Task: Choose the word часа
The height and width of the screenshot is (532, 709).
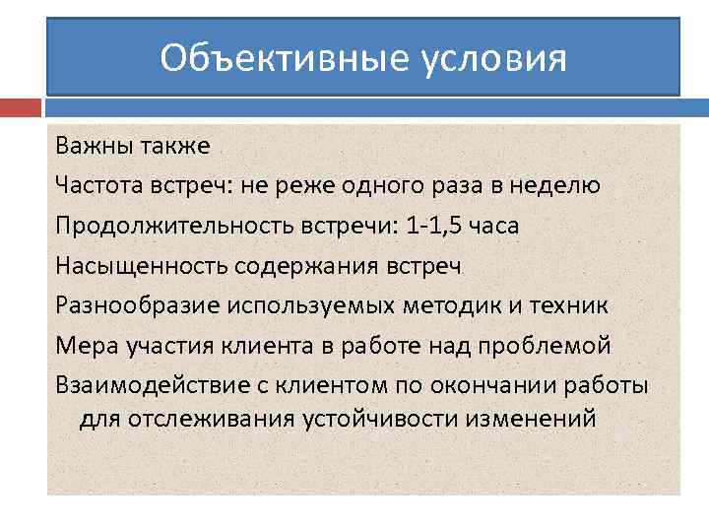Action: click(x=495, y=226)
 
